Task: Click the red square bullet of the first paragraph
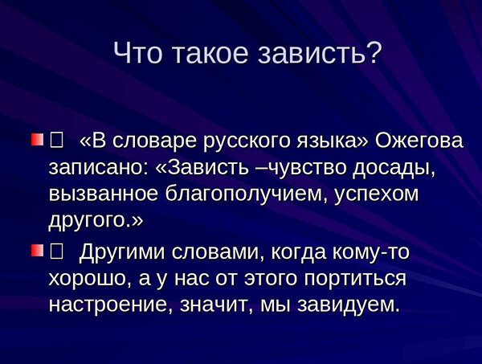[37, 141]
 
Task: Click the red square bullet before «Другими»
[37, 252]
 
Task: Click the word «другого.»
[94, 219]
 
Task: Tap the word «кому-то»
[370, 253]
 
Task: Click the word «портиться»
[353, 279]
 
